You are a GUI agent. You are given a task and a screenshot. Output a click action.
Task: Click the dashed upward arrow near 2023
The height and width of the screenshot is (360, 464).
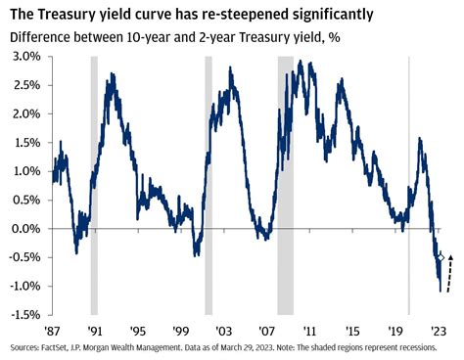[449, 271]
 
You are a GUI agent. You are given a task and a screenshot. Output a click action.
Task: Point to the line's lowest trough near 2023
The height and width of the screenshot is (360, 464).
[440, 291]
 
